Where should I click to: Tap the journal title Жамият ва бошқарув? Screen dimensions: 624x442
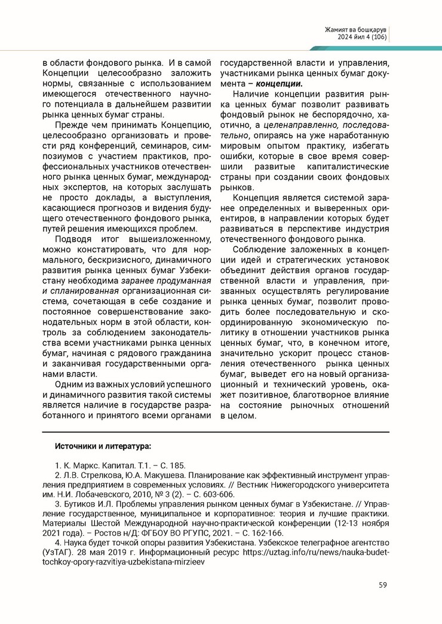[x=357, y=29]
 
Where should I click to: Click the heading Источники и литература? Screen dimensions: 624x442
[x=103, y=446]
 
